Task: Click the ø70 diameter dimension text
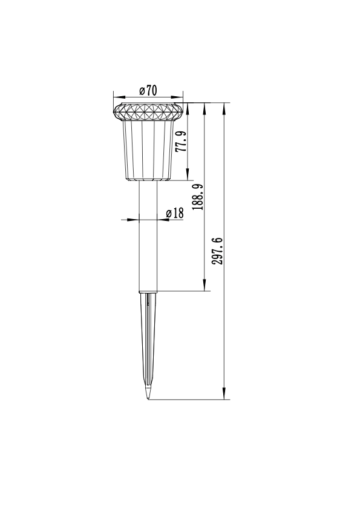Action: pos(148,90)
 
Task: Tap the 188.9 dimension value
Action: pos(197,197)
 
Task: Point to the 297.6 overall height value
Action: pos(218,251)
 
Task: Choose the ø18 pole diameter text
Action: pos(174,213)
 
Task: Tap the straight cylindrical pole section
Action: pos(148,242)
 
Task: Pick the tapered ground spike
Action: pos(148,339)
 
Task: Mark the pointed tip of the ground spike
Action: pos(148,398)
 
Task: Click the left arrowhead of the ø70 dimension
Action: pos(116,96)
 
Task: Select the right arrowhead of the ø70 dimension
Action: pos(181,96)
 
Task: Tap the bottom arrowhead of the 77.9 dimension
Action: pos(188,177)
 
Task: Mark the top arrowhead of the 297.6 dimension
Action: pos(225,107)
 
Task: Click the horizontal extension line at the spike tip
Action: pos(188,399)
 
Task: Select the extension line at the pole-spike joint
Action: pos(182,291)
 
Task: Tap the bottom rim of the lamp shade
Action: pos(148,179)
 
